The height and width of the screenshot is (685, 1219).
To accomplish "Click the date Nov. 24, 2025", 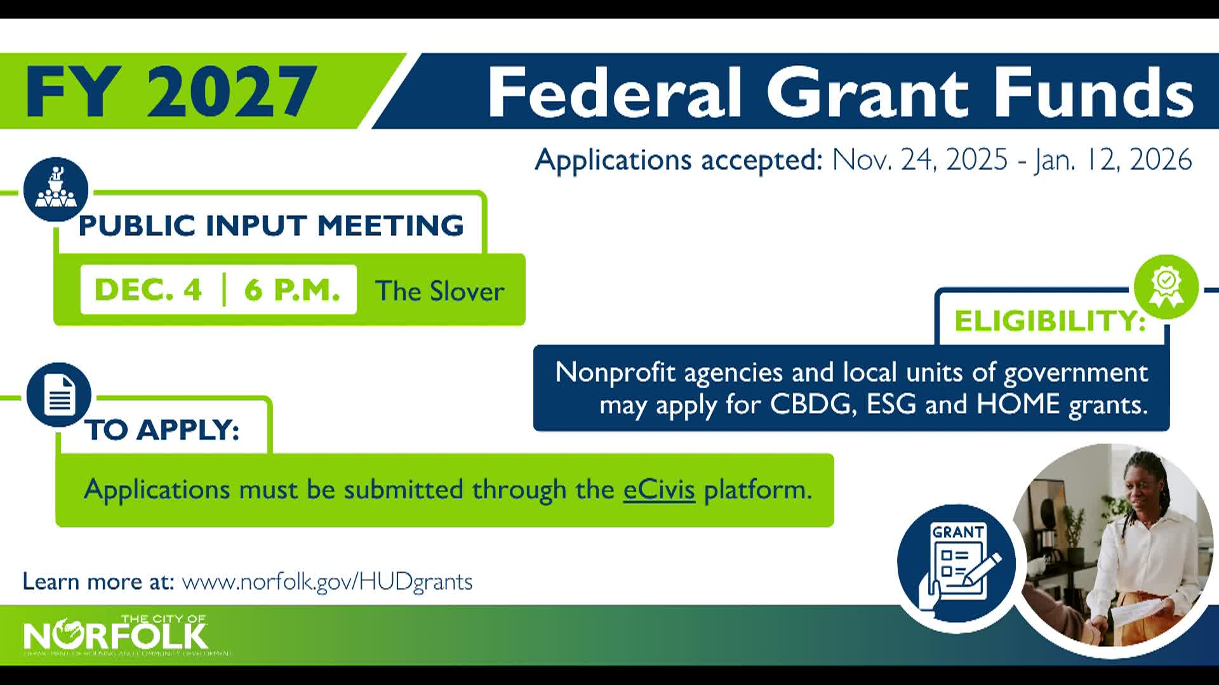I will (919, 159).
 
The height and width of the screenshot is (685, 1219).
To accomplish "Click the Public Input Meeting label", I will (271, 226).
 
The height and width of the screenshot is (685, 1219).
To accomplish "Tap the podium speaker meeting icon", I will (56, 189).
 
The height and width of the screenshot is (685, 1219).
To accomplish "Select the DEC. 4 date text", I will (148, 290).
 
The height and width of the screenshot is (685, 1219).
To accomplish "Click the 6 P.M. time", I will (292, 290).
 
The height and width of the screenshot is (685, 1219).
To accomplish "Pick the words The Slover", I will (439, 291).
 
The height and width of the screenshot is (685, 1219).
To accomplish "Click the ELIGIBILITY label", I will (1049, 321).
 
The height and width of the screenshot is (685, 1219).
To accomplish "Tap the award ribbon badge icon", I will (1166, 287).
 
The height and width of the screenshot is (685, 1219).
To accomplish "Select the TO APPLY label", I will (163, 430).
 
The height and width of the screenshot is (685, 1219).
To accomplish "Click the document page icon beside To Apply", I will (59, 395).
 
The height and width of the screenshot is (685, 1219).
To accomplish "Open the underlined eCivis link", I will (659, 490).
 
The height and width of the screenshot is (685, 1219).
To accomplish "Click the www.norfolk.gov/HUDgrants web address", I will (327, 582).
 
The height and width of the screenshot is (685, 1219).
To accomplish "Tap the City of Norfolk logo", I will (116, 634).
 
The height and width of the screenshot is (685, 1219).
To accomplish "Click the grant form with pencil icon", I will (957, 563).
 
